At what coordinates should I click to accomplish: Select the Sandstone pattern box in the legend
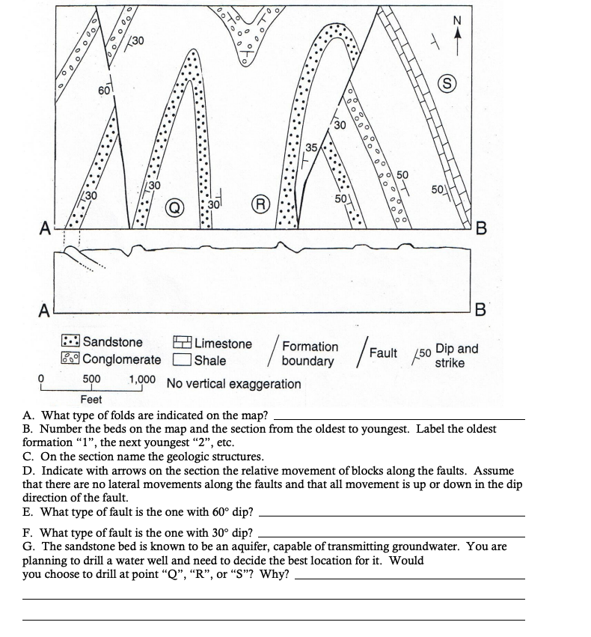[71, 343]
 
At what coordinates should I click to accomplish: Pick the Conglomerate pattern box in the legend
[71, 359]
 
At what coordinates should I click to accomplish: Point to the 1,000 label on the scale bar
[142, 380]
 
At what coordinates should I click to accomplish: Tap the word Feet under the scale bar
[91, 400]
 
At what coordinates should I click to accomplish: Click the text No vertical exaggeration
[233, 384]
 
